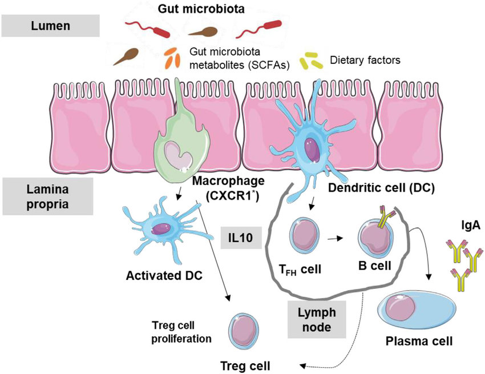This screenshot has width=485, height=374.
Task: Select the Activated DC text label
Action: click(x=158, y=278)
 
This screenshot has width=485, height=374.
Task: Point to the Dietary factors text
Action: click(x=365, y=59)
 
